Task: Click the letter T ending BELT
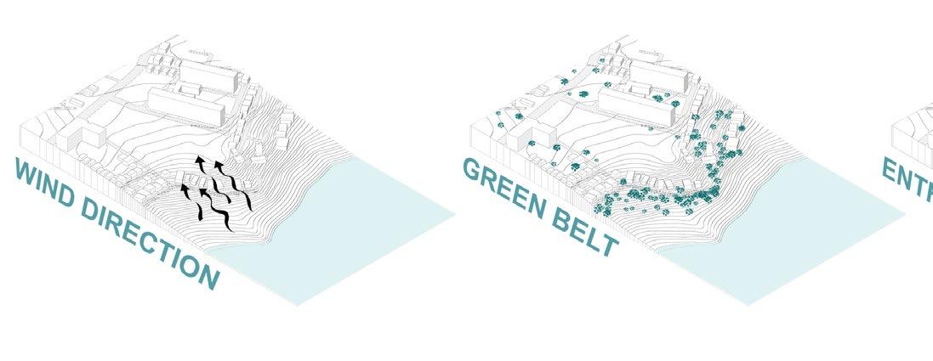point(606,242)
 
